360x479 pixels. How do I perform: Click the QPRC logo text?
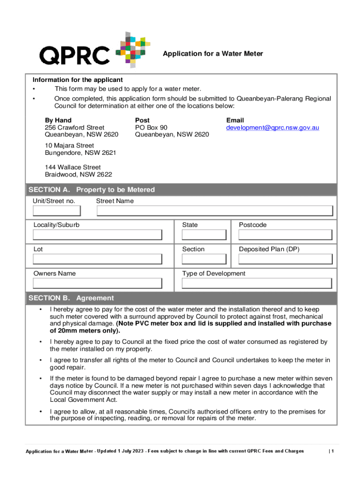[x=74, y=56]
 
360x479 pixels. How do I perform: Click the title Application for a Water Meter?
[x=213, y=54]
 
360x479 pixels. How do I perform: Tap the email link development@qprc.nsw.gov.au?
[x=273, y=128]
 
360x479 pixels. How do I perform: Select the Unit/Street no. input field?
[x=57, y=211]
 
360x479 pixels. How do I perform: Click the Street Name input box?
[x=216, y=211]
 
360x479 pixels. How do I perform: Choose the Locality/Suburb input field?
[x=97, y=235]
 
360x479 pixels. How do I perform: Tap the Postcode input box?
[x=285, y=235]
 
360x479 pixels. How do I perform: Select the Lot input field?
[x=97, y=260]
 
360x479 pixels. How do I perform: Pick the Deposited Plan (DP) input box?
[x=285, y=260]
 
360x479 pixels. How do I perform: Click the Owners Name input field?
[x=97, y=283]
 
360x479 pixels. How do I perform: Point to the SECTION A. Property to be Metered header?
[x=92, y=190]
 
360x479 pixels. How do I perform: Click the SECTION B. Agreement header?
[x=71, y=298]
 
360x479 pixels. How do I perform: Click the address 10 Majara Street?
[x=69, y=145]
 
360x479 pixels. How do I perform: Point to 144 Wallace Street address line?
[x=72, y=167]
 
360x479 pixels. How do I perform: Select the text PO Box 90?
[x=151, y=128]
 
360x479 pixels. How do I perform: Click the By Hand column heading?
[x=58, y=120]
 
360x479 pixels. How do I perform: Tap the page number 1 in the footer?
[x=332, y=451]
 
